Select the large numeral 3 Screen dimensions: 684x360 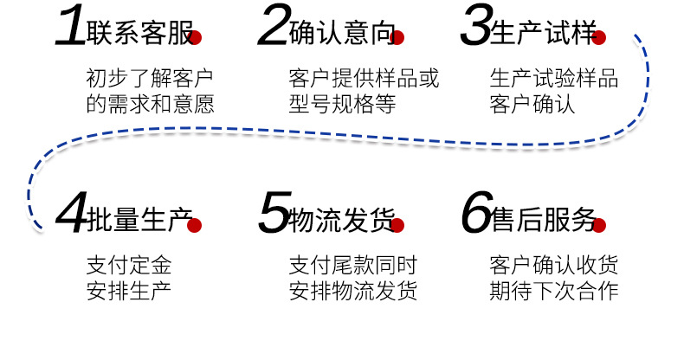(474, 28)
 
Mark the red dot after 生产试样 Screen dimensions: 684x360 (599, 38)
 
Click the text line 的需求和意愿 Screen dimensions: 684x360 (150, 105)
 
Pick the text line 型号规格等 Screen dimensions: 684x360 (341, 105)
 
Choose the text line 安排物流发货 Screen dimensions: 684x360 (352, 290)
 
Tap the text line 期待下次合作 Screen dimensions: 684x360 (554, 290)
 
